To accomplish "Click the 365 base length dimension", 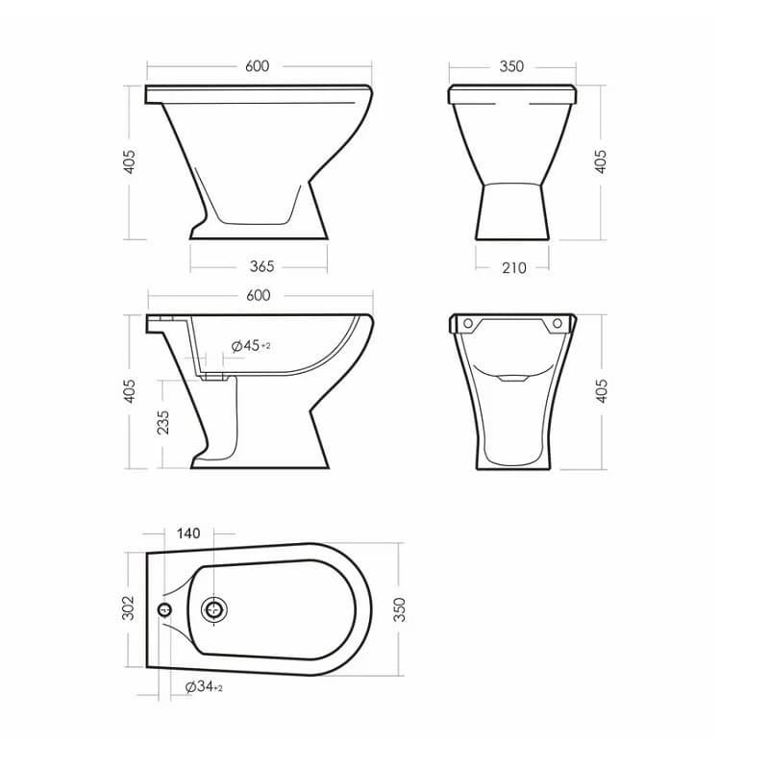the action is coord(261,266).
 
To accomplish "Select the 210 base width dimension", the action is coord(514,268).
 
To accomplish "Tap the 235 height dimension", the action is coord(162,422).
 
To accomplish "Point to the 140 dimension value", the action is coord(188,533).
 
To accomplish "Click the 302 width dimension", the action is coord(128,608).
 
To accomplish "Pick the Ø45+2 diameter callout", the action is coord(251,346).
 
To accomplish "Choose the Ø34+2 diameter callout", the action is coord(204,686).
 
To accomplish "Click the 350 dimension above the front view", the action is coord(511,66).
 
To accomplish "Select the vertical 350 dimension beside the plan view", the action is coord(400,609).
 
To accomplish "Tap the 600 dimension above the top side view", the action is coord(257,65).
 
